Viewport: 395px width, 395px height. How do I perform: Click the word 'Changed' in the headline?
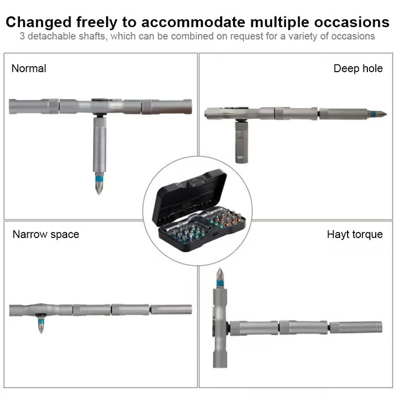(x=39, y=23)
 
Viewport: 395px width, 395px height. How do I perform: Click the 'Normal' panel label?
(x=29, y=68)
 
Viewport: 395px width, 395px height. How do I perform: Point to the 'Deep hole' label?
(x=358, y=68)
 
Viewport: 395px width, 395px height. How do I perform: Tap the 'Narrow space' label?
(x=46, y=235)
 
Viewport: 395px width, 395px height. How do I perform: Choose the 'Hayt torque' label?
(x=355, y=235)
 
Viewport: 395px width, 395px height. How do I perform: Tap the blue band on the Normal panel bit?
(x=99, y=178)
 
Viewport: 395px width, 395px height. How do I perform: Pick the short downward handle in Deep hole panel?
(x=242, y=143)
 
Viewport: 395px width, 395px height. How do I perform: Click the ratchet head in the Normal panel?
(x=100, y=106)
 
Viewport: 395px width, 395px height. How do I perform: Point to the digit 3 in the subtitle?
(x=22, y=36)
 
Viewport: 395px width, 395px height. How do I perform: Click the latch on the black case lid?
(x=195, y=182)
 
